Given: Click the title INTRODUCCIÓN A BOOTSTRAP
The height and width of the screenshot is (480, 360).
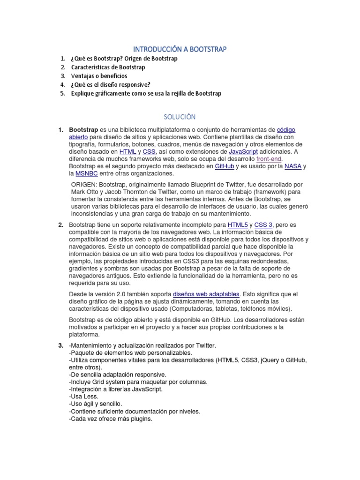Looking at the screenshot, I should (180, 49).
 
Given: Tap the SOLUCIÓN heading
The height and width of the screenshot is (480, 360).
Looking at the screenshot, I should (180, 116).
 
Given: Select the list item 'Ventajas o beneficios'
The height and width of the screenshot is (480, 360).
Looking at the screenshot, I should (99, 76).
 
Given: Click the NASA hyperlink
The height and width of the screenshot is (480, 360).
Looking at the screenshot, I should (292, 166).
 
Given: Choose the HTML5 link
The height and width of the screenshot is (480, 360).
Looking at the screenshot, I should (237, 225).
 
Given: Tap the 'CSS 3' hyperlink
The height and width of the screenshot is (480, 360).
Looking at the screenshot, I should (263, 225).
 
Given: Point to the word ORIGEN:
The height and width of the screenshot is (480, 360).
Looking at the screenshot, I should (84, 185).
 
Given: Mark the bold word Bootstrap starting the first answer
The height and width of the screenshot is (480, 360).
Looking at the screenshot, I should (83, 129).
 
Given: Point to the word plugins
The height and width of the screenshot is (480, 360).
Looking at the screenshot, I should (141, 419).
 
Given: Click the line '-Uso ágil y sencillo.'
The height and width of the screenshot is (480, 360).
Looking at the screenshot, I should (95, 404).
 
